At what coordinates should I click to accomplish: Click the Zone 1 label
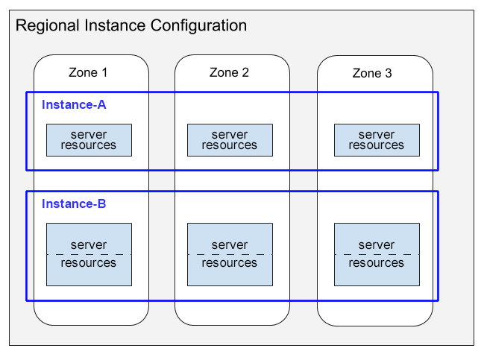pyautogui.click(x=88, y=72)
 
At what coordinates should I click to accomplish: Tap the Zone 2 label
pyautogui.click(x=229, y=72)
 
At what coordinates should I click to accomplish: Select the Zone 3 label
pyautogui.click(x=371, y=73)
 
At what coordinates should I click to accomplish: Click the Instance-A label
pyautogui.click(x=74, y=104)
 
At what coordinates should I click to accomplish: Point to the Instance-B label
pyautogui.click(x=74, y=203)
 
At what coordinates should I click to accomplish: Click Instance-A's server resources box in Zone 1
pyautogui.click(x=89, y=140)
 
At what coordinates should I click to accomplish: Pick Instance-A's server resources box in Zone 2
pyautogui.click(x=230, y=140)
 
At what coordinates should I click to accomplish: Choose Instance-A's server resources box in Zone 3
pyautogui.click(x=377, y=140)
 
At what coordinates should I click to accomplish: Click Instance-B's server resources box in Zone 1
pyautogui.click(x=89, y=254)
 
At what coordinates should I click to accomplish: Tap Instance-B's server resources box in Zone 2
pyautogui.click(x=230, y=254)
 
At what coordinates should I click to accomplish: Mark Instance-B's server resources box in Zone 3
pyautogui.click(x=377, y=254)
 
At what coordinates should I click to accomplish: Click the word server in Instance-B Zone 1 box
pyautogui.click(x=89, y=245)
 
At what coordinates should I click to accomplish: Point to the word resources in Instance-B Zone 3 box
pyautogui.click(x=377, y=263)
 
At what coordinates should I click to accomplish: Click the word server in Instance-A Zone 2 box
pyautogui.click(x=230, y=135)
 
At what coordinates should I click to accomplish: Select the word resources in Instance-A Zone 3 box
pyautogui.click(x=377, y=145)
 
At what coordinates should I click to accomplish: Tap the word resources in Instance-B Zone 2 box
pyautogui.click(x=230, y=263)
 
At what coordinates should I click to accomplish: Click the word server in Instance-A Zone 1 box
pyautogui.click(x=89, y=135)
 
